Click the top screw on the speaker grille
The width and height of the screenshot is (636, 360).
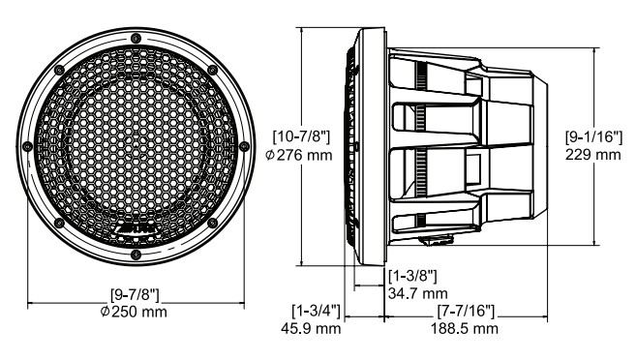click(136, 28)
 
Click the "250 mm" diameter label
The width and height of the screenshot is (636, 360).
click(142, 314)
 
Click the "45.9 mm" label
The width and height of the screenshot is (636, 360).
click(315, 329)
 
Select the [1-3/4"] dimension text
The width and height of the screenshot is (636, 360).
click(315, 312)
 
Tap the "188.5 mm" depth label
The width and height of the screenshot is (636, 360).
click(464, 329)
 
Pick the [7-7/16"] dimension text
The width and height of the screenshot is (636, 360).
click(464, 312)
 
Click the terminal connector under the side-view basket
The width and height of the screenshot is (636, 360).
click(439, 237)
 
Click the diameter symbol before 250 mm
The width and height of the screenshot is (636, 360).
click(105, 314)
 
